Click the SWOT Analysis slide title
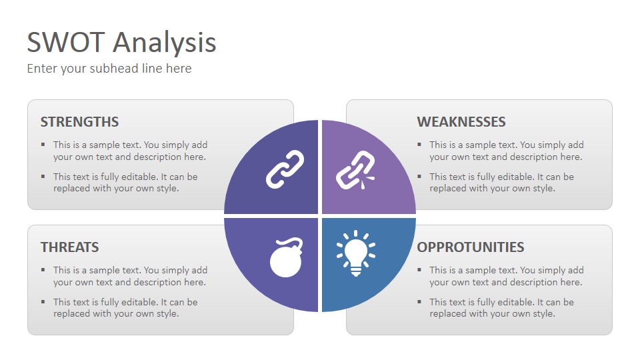121,43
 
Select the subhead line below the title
109,69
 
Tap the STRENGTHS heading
79,121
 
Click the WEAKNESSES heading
461,121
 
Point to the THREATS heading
70,247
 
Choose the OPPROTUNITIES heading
471,247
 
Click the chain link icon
285,169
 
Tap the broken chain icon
355,170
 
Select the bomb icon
286,257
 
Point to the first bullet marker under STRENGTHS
43,145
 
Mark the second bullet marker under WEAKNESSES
419,177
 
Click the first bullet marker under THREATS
43,270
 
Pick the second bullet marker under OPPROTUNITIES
419,302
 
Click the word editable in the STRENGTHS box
139,177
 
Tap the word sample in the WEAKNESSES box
481,145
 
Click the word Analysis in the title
165,43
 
